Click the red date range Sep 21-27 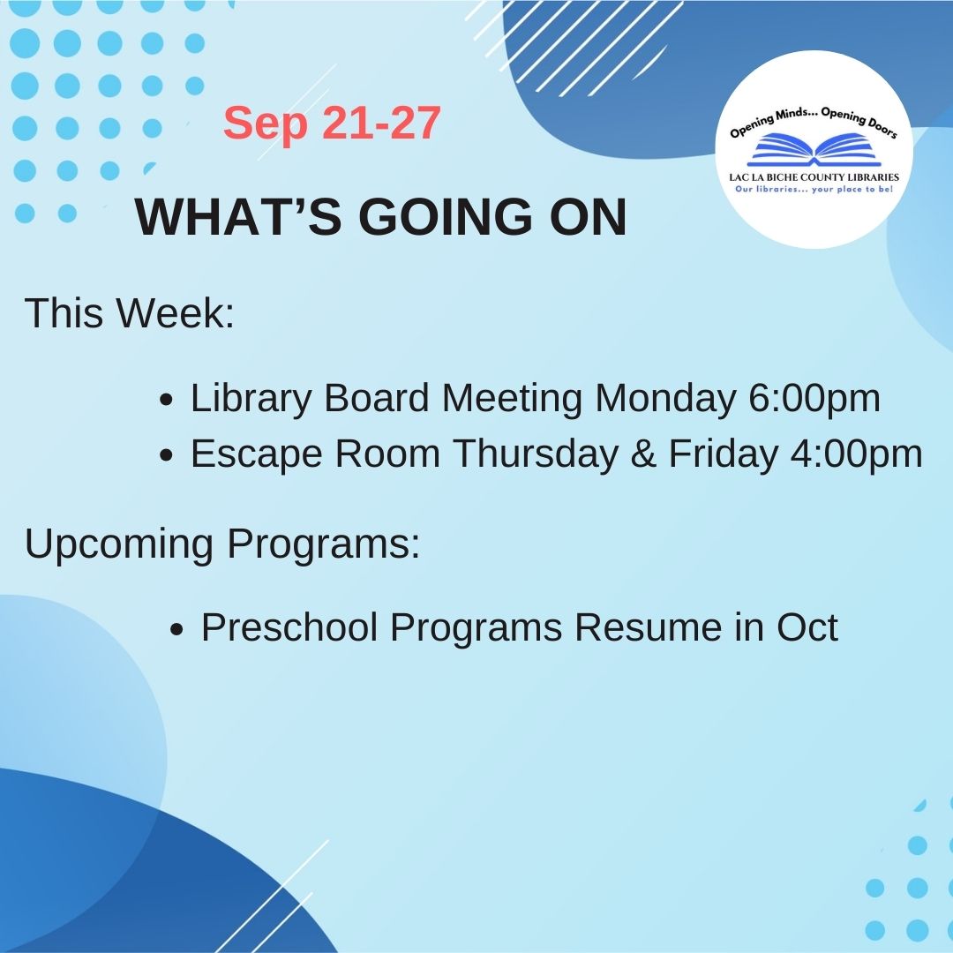point(332,124)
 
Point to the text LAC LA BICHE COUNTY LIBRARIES point(814,177)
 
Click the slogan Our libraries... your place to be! point(814,190)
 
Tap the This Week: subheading point(130,313)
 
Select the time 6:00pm point(814,399)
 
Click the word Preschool point(289,628)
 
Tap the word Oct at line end point(807,628)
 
